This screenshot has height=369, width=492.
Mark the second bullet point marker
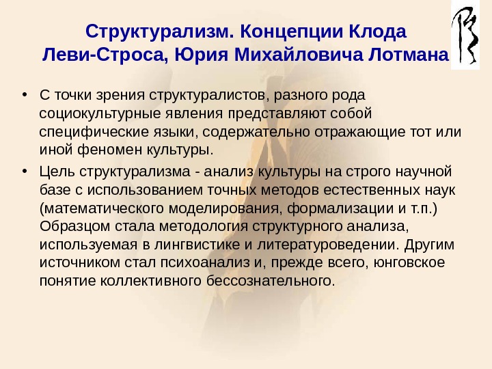pos(25,170)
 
